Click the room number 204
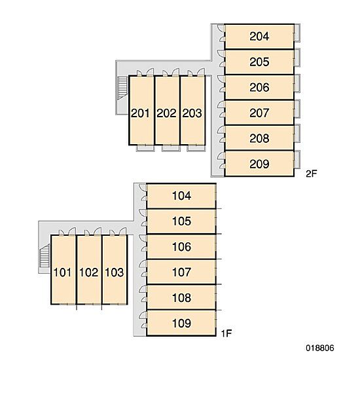point(259,36)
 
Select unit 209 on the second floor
point(259,164)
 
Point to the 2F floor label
point(312,174)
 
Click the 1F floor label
point(226,333)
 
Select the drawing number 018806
point(319,348)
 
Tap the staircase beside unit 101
point(45,255)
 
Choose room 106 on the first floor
point(181,247)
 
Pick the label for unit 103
point(115,272)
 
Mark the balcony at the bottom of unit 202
point(171,149)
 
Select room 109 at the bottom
point(181,323)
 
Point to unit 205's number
point(259,62)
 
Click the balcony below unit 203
point(196,149)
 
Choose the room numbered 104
point(181,196)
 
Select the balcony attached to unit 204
point(297,33)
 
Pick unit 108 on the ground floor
point(181,297)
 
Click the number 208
point(259,138)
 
